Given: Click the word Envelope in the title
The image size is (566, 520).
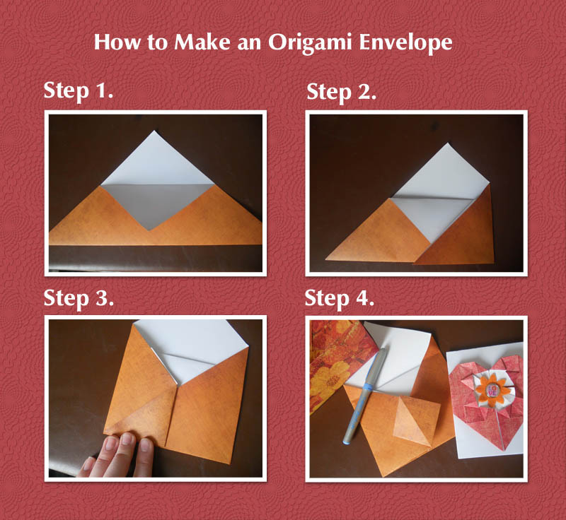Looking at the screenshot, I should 405,42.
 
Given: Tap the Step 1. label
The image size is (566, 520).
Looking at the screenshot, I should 79,92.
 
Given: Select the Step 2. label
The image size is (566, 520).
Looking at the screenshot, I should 341,92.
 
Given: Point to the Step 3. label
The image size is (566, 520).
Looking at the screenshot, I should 79,298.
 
